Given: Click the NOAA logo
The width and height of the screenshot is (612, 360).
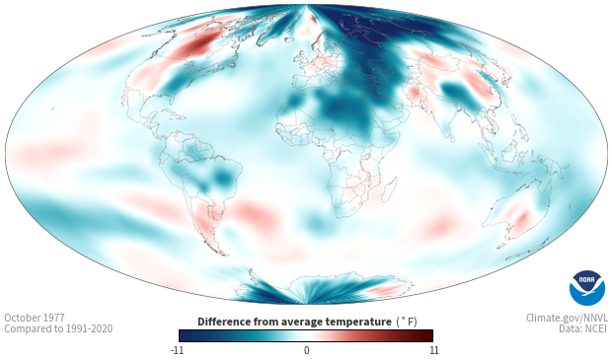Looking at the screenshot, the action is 587,288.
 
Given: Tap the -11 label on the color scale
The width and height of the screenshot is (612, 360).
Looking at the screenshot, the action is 177,350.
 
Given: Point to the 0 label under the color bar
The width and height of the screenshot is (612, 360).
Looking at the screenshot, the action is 306,350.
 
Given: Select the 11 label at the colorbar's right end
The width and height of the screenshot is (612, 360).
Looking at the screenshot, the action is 433,350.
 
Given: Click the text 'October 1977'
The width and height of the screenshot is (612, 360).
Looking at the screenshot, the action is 35,318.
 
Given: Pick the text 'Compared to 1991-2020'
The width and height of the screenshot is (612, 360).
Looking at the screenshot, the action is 58,328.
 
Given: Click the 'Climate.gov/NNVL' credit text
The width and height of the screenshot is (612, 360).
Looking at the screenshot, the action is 567,318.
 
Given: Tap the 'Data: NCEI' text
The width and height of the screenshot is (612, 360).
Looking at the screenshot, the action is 583,328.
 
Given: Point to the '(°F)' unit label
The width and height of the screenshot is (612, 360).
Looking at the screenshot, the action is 407,322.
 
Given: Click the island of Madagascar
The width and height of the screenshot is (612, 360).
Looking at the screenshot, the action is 389,189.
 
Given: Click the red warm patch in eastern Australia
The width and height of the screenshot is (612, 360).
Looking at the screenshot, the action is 522,217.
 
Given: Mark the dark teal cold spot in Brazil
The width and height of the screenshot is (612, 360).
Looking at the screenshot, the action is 224,178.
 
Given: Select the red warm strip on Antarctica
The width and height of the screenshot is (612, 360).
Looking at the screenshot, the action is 384,289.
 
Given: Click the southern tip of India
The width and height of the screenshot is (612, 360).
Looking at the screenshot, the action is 451,141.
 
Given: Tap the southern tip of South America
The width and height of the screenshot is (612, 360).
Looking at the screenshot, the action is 225,255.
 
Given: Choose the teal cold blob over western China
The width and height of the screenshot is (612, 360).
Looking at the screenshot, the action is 455,92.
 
